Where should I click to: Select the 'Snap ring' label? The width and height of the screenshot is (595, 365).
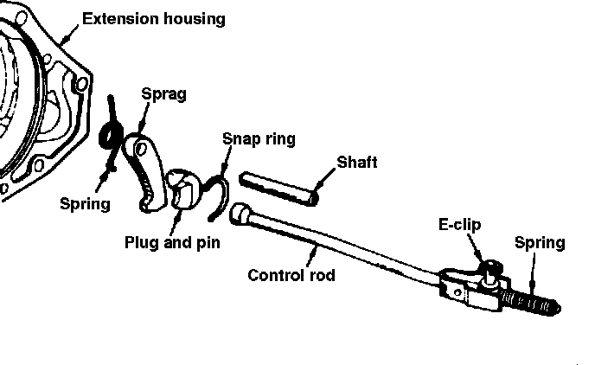259,138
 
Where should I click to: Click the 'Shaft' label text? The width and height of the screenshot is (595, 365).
356,162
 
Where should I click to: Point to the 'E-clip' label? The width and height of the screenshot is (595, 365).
458,225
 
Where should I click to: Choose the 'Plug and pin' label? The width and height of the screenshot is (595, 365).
171,242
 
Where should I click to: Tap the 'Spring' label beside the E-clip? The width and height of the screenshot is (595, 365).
539,242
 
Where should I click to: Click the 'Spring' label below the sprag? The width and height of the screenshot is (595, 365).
85,204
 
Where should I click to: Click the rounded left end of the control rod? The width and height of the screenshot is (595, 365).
244,211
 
